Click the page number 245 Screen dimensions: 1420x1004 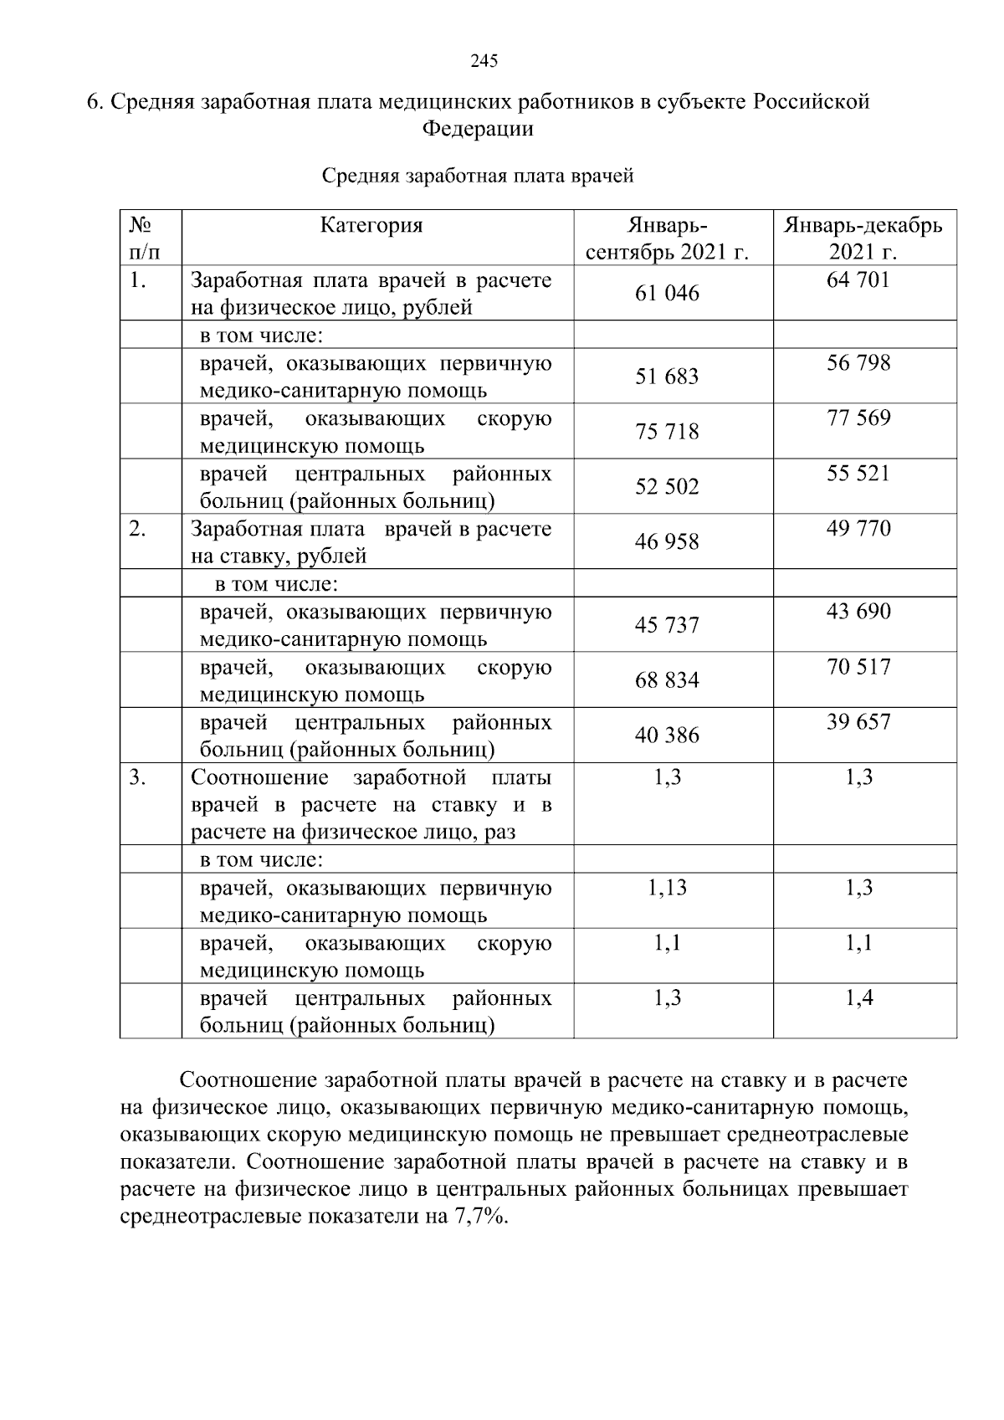pos(484,61)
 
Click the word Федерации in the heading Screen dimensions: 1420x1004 pos(478,130)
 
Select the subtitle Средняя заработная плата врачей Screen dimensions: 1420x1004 pos(478,177)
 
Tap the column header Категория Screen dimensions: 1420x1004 pos(371,226)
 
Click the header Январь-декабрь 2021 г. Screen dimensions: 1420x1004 pos(863,238)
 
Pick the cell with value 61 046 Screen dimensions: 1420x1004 pos(667,294)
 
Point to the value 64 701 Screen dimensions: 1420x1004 pos(858,280)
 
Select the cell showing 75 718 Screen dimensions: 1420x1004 pos(667,432)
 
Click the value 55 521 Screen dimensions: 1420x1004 pos(858,474)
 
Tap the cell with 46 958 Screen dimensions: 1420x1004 pos(667,542)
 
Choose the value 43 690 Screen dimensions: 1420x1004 pos(858,612)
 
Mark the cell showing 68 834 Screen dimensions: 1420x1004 pos(667,680)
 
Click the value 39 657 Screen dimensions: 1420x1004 pos(858,722)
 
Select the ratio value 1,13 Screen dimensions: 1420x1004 pos(667,888)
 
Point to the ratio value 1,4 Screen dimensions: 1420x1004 pos(858,998)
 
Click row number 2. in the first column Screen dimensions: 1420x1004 pos(138,529)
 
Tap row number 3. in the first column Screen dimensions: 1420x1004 pos(138,777)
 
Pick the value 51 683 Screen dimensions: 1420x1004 pos(667,377)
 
